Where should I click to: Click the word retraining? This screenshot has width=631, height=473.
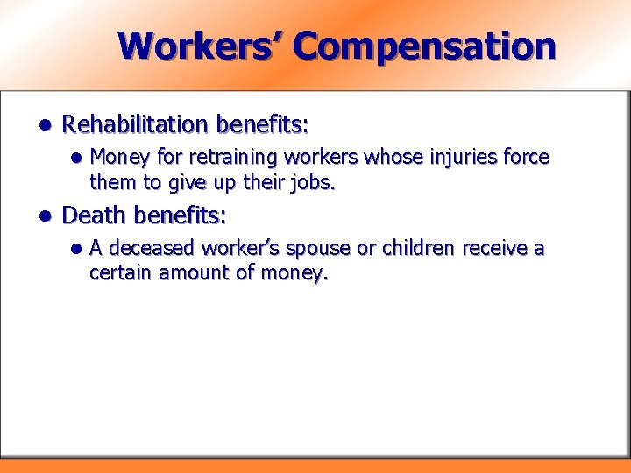coord(215,158)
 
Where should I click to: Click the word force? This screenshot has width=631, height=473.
coord(528,158)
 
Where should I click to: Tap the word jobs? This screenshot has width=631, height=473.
coord(309,183)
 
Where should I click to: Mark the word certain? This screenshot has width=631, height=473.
coord(119,273)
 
